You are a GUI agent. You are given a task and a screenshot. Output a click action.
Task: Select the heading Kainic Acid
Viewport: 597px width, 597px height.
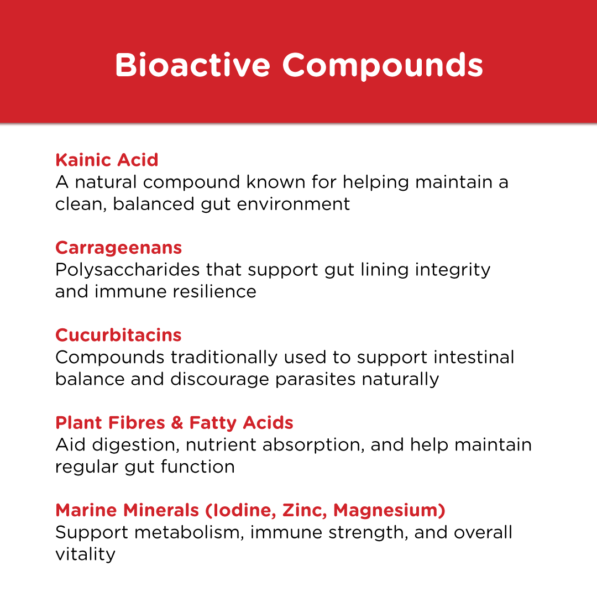click(107, 160)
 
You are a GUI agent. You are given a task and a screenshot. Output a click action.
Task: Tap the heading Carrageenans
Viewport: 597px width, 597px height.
click(118, 248)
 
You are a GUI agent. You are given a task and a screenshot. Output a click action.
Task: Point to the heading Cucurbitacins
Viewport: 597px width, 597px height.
click(118, 335)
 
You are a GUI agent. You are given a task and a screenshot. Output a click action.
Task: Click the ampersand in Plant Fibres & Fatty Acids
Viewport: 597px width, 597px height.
click(177, 423)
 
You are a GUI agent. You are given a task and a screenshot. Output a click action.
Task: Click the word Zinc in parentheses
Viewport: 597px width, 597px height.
click(302, 510)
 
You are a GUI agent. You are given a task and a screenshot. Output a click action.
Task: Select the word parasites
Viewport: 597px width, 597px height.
click(317, 379)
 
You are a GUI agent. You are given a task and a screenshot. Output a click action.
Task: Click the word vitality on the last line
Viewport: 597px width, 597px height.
click(85, 554)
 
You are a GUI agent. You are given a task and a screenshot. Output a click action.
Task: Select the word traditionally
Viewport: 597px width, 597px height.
click(224, 358)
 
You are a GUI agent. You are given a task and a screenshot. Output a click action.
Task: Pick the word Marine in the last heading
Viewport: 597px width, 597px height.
click(87, 510)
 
